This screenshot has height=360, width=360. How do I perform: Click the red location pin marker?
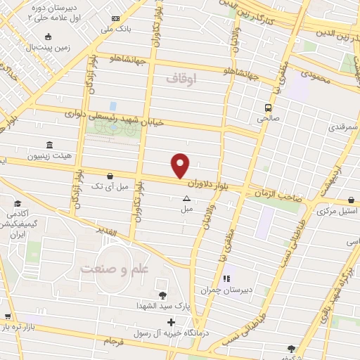click(181, 165)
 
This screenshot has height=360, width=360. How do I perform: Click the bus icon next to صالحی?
click(269, 108)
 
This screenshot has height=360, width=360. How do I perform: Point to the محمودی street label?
click(314, 75)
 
